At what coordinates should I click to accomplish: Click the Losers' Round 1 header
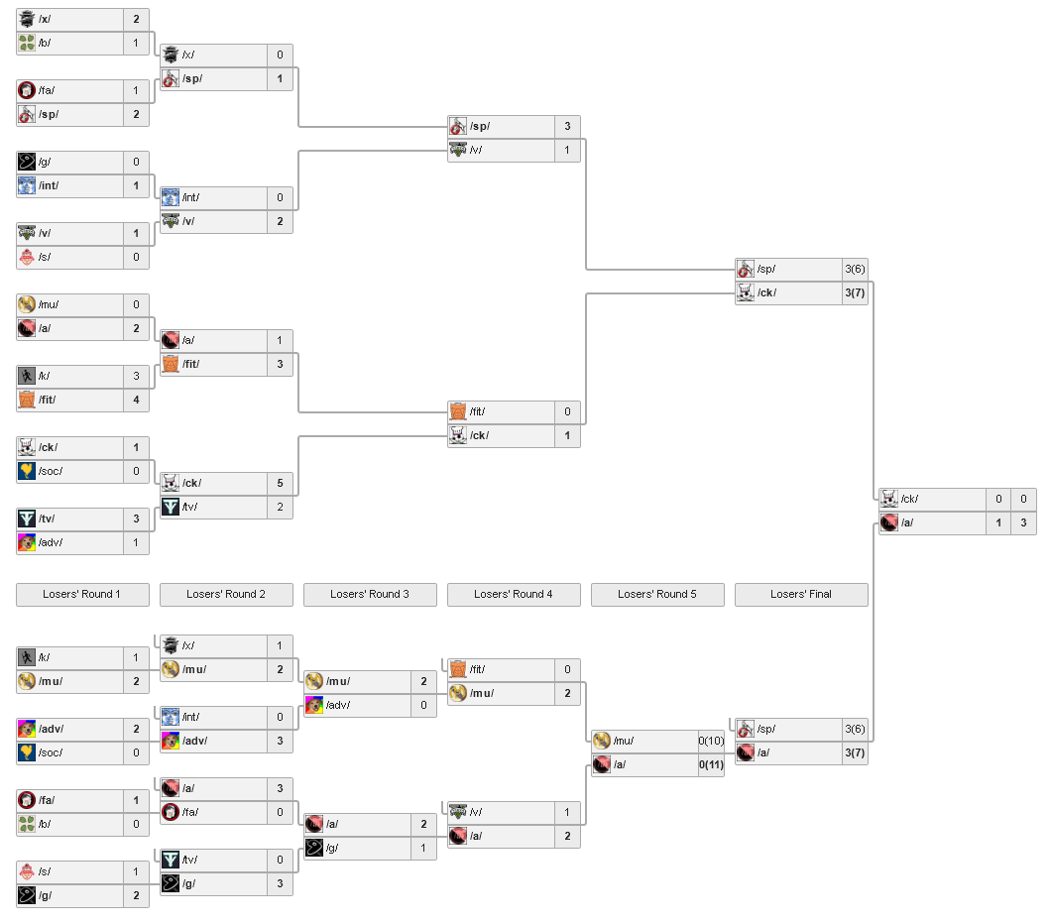82,594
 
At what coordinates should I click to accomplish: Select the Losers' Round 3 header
370,594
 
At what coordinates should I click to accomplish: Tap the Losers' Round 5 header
657,594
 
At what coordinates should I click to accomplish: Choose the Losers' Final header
801,594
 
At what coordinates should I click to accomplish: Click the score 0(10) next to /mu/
711,741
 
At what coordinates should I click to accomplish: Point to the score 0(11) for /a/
711,764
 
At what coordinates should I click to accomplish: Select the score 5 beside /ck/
280,483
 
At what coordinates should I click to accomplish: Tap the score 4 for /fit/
137,400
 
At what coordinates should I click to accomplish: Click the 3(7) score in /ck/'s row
855,292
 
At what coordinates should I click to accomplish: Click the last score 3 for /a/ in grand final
1023,522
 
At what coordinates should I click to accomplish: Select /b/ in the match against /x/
46,43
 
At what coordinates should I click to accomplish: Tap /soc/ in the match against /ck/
51,471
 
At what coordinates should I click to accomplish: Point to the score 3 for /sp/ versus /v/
567,126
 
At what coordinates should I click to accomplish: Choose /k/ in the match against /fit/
45,376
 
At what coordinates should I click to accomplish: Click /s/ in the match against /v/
45,257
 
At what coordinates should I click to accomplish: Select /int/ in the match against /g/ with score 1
49,185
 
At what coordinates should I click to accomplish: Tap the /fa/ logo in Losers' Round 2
170,812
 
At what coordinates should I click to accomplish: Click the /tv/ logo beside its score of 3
27,519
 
